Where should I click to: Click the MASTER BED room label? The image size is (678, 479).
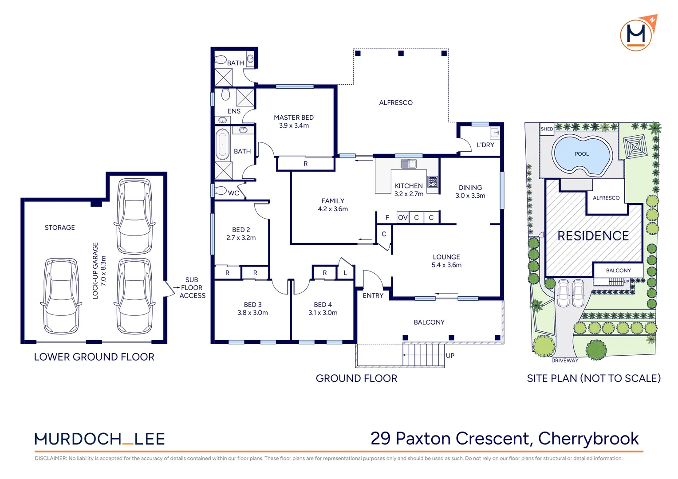294,118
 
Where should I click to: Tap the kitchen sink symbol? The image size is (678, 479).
409,164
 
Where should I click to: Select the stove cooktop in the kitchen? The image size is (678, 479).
433,181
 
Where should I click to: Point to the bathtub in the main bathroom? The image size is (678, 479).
223,144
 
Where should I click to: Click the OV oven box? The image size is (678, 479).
402,217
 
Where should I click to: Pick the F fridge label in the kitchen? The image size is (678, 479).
387,217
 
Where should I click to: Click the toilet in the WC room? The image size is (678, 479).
220,190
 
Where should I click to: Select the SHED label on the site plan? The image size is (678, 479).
547,129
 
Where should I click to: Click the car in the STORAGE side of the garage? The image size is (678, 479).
61,296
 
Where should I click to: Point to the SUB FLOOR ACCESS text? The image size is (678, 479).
192,287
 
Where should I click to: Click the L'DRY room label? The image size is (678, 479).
485,145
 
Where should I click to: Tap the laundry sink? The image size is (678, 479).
495,133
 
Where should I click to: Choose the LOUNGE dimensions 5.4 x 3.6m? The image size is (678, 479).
446,265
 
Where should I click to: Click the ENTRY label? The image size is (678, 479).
373,296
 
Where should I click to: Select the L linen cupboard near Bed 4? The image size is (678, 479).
345,273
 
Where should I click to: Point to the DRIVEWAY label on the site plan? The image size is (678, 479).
564,361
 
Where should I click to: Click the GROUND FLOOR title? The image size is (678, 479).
356,378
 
